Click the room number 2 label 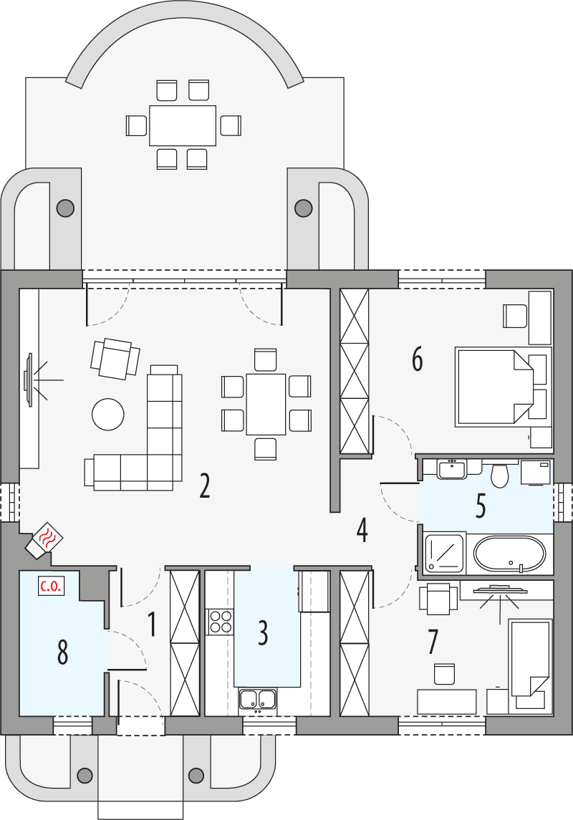[205, 486]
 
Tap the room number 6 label [417, 360]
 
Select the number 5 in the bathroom [481, 506]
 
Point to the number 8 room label [62, 652]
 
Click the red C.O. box [50, 587]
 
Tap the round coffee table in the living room [108, 414]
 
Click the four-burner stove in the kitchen [221, 621]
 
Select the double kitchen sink [258, 699]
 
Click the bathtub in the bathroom [510, 554]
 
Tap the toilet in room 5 [499, 473]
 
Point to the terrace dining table [183, 125]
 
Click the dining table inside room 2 [266, 403]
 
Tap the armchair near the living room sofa [115, 358]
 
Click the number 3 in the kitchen [263, 632]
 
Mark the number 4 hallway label [362, 531]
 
